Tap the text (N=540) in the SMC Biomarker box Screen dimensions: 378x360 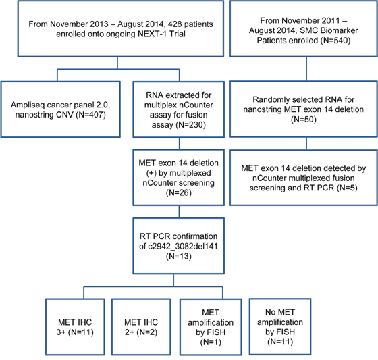coord(335,41)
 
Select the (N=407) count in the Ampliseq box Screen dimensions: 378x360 coord(90,115)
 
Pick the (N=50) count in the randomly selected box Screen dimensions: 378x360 coord(304,119)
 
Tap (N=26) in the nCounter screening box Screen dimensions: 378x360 coord(179,192)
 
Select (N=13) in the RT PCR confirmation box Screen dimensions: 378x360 coord(179,256)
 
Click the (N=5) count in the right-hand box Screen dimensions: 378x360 coord(347,188)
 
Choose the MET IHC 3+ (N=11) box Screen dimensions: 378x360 coord(75,327)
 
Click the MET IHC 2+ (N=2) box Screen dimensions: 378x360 coord(141,327)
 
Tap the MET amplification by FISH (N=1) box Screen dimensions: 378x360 coord(211,327)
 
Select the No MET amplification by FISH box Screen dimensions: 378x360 coord(280,326)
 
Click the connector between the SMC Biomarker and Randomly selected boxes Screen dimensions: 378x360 coord(306,69)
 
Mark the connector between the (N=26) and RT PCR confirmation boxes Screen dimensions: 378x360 coord(179,212)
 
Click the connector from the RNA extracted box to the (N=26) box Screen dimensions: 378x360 coord(180,144)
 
